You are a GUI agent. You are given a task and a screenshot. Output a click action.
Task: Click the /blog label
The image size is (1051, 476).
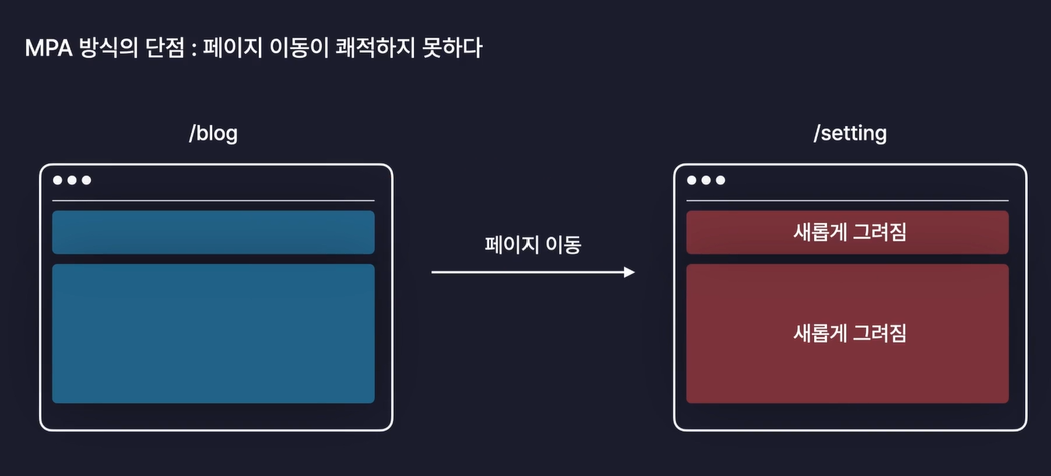pyautogui.click(x=213, y=133)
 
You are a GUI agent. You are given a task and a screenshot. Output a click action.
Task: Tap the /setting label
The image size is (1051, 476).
pyautogui.click(x=850, y=133)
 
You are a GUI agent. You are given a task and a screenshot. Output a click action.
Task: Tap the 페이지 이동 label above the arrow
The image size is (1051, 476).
pyautogui.click(x=533, y=245)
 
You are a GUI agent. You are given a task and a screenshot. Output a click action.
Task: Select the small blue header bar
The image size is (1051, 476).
pyautogui.click(x=213, y=233)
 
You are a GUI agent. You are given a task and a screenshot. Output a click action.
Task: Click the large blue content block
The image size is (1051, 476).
pyautogui.click(x=213, y=333)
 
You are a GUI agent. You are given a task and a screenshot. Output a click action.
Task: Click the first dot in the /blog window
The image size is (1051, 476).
pyautogui.click(x=58, y=180)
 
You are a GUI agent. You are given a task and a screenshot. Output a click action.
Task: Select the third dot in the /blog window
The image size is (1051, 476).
pyautogui.click(x=87, y=180)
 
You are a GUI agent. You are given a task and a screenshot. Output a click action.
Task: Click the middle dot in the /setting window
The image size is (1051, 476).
pyautogui.click(x=706, y=180)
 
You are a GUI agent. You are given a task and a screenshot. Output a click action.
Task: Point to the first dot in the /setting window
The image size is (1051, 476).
pyautogui.click(x=692, y=180)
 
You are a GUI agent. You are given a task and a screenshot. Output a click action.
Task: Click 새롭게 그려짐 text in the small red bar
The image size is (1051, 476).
pyautogui.click(x=850, y=233)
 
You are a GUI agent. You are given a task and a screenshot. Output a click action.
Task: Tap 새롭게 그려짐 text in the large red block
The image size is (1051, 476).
pyautogui.click(x=850, y=333)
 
